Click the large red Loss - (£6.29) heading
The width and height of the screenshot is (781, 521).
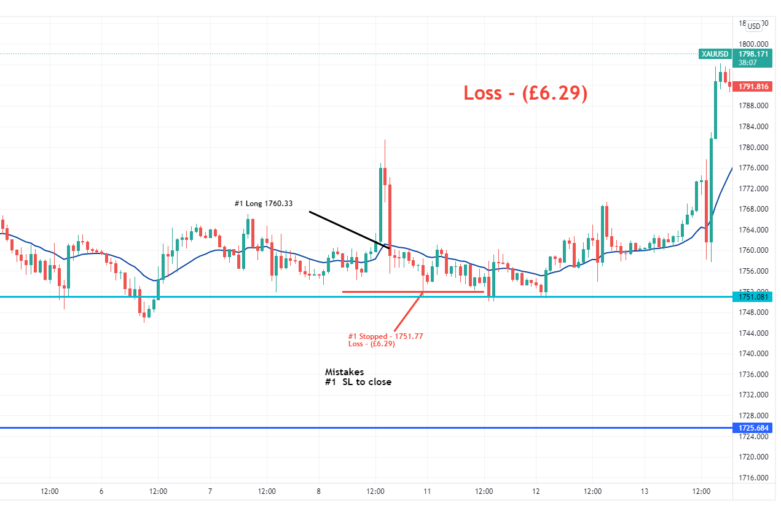(525, 93)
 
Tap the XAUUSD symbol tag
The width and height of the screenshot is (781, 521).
(715, 54)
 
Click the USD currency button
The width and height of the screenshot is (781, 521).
(754, 26)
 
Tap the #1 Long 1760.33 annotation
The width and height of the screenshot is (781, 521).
(263, 204)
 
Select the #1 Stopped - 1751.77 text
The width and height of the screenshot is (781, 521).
(385, 336)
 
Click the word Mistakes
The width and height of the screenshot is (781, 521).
(344, 372)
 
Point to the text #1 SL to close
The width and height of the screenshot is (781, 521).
(358, 382)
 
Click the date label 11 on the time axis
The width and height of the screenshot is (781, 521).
(427, 491)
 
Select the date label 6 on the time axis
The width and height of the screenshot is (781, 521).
(101, 491)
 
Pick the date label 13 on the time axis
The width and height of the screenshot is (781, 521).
(645, 491)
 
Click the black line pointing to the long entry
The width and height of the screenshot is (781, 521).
(349, 230)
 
